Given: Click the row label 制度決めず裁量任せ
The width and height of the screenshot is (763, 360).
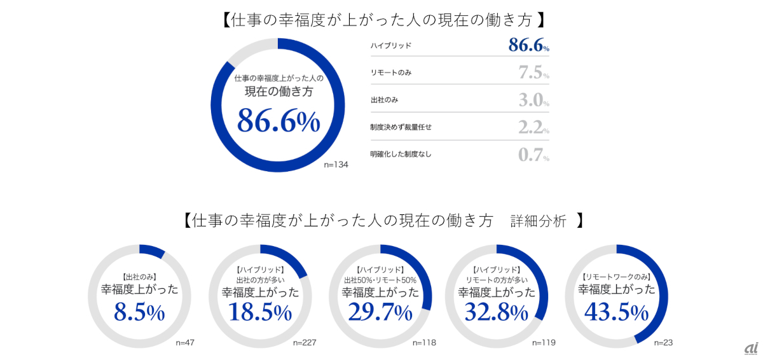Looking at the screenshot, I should [x=401, y=127].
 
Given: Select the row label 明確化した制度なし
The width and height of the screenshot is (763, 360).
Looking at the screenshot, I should [x=401, y=155].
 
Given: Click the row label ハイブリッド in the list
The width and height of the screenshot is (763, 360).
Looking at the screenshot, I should [x=390, y=46].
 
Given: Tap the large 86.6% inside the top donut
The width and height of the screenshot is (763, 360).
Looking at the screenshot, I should [x=278, y=121].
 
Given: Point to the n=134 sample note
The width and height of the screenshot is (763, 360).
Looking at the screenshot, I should [x=336, y=164].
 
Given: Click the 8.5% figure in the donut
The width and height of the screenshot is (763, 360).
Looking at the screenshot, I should [x=139, y=312].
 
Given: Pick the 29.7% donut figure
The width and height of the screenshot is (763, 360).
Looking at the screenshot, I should [x=380, y=312].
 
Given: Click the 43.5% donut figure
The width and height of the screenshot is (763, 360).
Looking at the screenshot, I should [x=616, y=312].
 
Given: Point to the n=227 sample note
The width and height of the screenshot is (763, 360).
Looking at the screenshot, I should [x=305, y=343].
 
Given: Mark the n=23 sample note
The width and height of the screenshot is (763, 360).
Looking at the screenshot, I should [x=663, y=343].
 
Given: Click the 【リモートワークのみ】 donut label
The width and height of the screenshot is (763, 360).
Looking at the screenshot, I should [x=616, y=277].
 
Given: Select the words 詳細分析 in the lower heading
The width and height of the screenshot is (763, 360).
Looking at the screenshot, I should [x=538, y=221].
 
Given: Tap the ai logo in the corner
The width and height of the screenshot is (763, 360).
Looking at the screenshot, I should [x=750, y=349].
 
